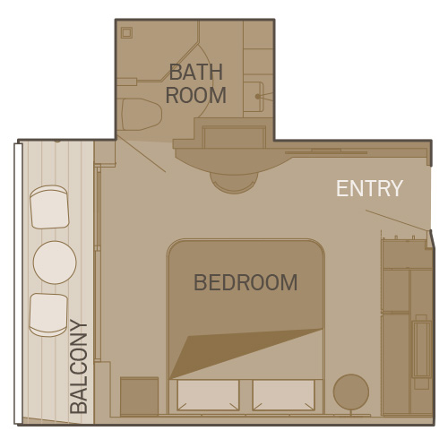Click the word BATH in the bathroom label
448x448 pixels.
(x=196, y=72)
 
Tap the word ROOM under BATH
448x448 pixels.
(x=196, y=95)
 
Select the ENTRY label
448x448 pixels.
(x=369, y=188)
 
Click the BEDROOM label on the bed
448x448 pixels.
(x=246, y=282)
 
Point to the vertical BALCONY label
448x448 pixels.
(x=79, y=366)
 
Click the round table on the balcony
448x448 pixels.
(x=55, y=263)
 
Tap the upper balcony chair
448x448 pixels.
(x=49, y=207)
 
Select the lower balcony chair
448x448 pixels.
(x=48, y=314)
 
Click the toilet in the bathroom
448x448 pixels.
(x=142, y=115)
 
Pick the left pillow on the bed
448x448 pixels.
(x=208, y=395)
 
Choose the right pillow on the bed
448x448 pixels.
(x=283, y=395)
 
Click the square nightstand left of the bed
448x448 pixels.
(x=139, y=396)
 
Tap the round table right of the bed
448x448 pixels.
(x=351, y=392)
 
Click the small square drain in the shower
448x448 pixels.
(x=126, y=32)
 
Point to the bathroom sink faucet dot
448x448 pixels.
(x=257, y=97)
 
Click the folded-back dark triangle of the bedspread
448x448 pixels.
(x=239, y=350)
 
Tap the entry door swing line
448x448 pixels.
(x=397, y=220)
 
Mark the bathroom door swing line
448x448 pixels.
(x=141, y=154)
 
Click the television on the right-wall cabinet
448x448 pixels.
(x=421, y=349)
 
